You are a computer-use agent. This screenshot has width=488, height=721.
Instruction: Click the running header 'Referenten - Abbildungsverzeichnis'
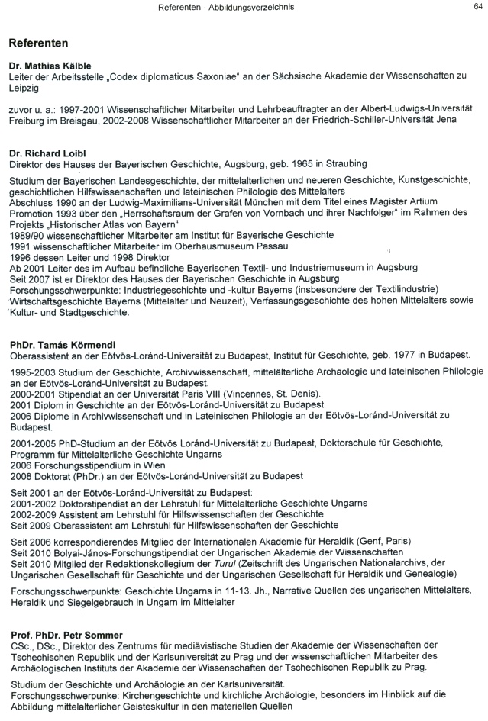(x=226, y=7)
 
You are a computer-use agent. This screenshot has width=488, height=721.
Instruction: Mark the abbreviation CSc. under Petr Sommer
(x=21, y=646)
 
